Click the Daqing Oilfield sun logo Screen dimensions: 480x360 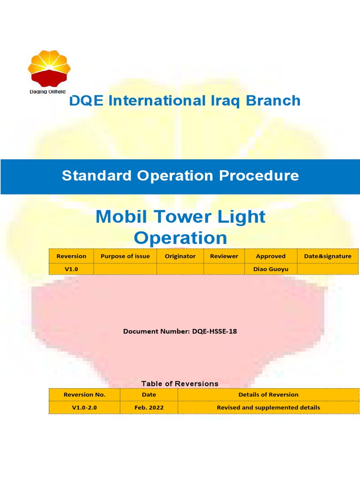coord(49,68)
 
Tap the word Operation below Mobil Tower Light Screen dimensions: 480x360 coord(180,238)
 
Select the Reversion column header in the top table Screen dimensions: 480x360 coord(71,256)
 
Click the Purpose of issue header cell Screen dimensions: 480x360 coord(125,256)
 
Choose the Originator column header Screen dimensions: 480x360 coord(180,256)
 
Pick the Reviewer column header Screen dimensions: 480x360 coord(224,256)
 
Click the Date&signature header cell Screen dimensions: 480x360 coord(327,256)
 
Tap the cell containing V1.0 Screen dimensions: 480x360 coord(71,269)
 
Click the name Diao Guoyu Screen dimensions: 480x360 coord(270,269)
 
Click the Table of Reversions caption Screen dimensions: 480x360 coord(180,383)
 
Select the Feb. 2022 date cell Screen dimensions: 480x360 coord(149,407)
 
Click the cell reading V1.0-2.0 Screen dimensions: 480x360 coord(84,407)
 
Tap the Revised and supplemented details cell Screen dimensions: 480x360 coord(268,407)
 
